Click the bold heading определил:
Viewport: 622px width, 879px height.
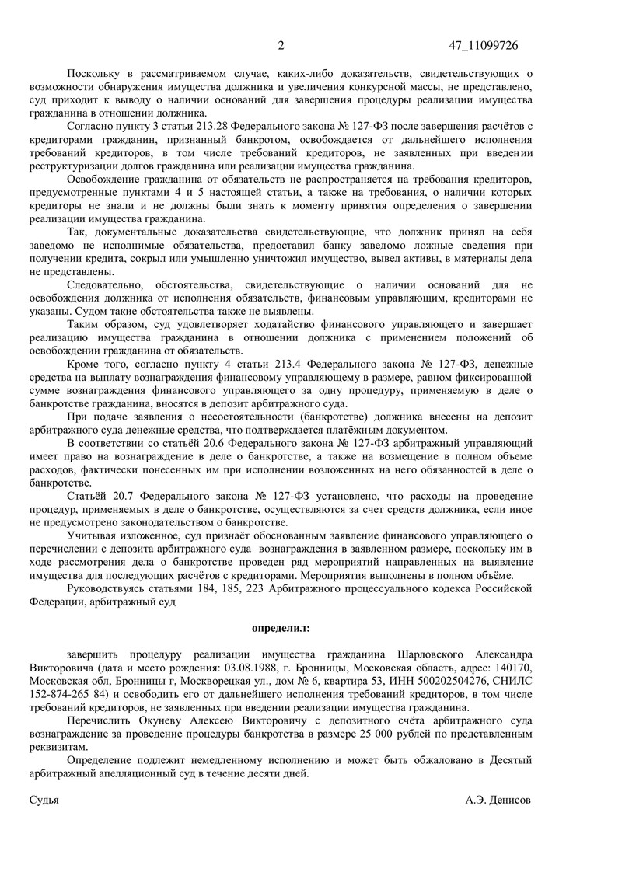click(x=280, y=626)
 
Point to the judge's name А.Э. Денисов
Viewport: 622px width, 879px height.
click(x=498, y=799)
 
